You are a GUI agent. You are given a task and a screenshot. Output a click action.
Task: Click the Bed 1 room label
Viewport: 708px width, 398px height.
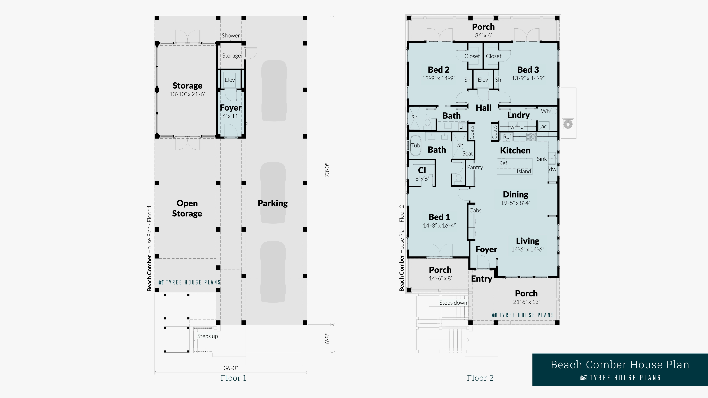click(439, 217)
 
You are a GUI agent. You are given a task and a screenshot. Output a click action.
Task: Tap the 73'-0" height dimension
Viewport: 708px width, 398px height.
click(327, 171)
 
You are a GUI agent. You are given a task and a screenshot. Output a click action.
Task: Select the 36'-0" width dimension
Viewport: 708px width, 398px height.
click(231, 368)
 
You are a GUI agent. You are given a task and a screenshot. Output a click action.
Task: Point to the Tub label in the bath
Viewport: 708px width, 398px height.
click(416, 145)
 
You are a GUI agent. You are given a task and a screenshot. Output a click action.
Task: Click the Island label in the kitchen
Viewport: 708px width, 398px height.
click(524, 171)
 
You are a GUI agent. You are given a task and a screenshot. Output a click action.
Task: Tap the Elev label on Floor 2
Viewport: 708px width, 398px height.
click(483, 80)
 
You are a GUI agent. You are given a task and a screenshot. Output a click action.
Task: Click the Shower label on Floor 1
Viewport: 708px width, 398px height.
click(231, 35)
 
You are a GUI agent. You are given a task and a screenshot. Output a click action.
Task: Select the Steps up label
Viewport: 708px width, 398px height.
click(207, 336)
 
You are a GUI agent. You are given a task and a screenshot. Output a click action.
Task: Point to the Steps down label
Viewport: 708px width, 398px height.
click(453, 303)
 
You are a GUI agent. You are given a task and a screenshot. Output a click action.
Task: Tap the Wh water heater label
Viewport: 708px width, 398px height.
click(545, 111)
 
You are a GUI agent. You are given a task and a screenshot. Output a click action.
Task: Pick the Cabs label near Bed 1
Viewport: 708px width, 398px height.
click(475, 210)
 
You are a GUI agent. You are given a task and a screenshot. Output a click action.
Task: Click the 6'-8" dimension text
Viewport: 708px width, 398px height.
click(327, 339)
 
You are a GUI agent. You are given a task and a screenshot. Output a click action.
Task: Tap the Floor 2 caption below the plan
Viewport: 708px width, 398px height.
click(480, 378)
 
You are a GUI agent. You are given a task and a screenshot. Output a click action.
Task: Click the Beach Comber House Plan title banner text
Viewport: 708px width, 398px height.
click(620, 365)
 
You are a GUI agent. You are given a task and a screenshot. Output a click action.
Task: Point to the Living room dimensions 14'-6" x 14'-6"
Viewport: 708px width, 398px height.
click(528, 249)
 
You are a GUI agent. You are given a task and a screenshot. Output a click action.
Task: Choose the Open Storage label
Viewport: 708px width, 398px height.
click(187, 208)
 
